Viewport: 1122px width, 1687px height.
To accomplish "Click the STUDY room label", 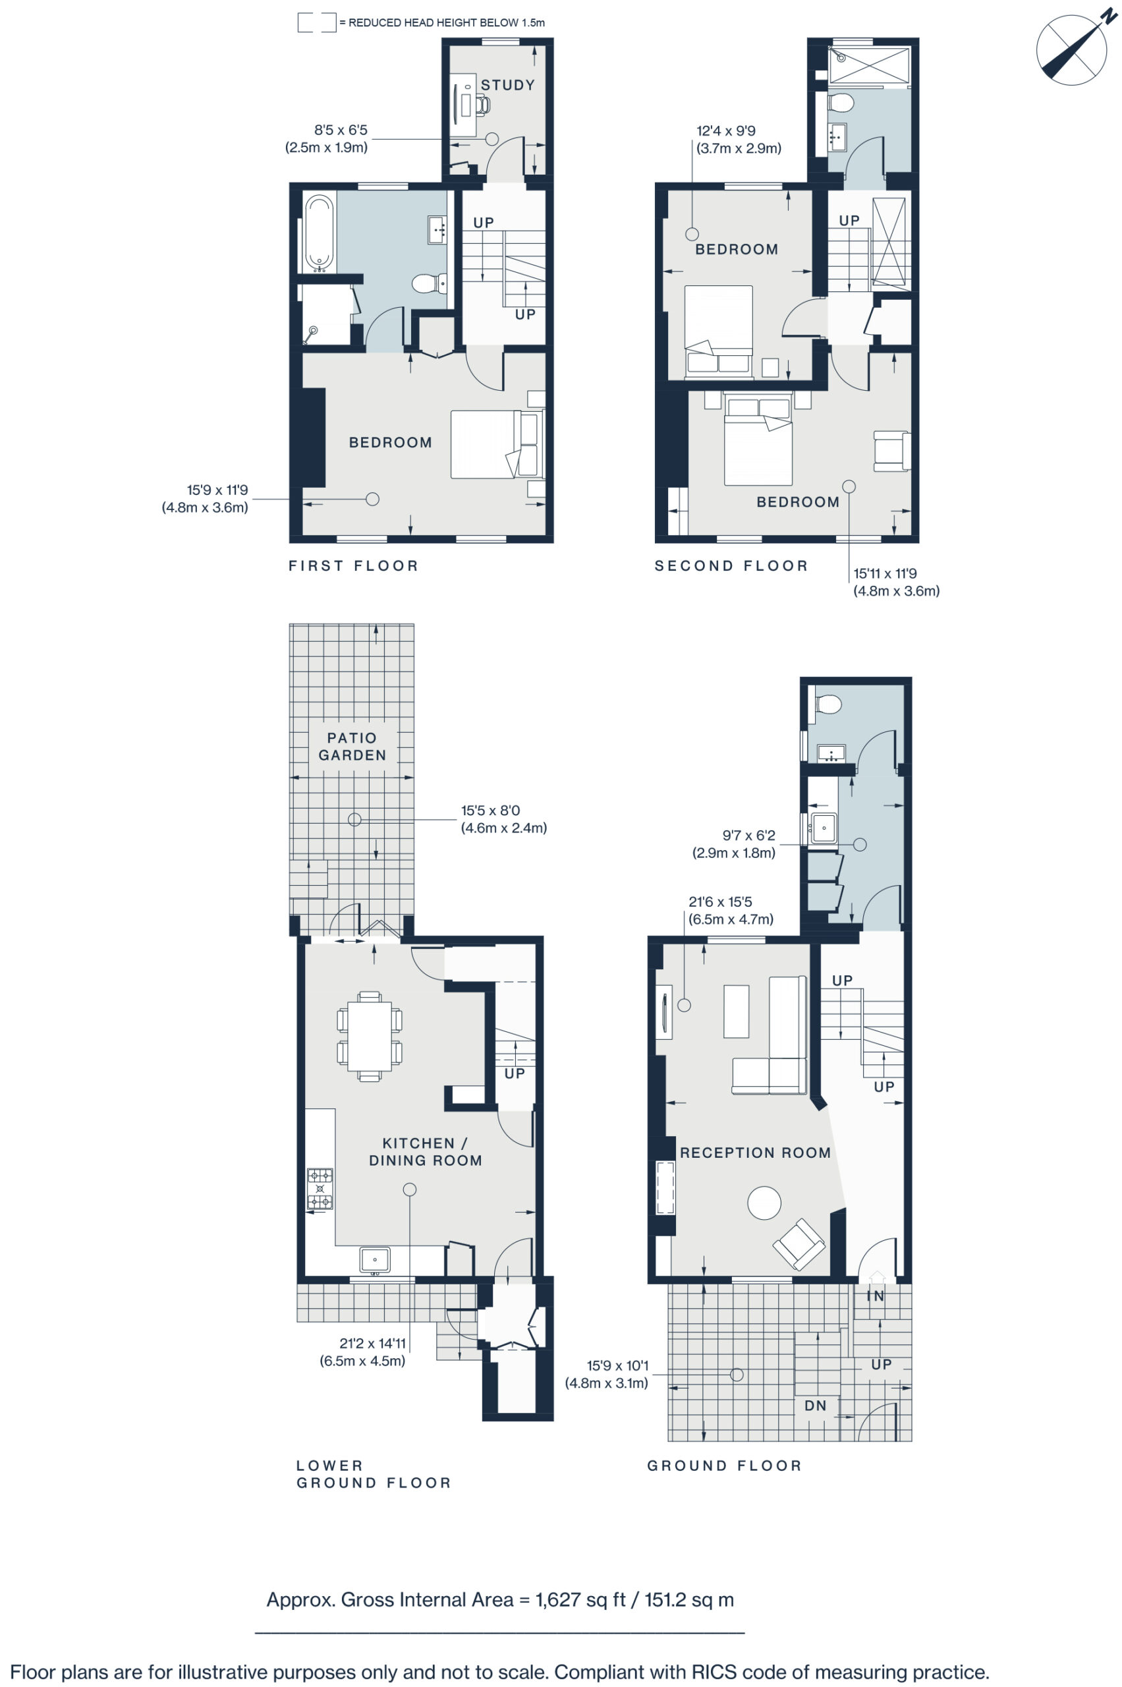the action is coord(507,85).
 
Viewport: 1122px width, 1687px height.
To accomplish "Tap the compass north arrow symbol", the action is coord(1071,50).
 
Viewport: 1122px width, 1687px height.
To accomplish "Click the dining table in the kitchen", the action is coord(369,1035).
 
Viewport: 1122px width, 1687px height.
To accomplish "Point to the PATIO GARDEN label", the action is coord(352,746).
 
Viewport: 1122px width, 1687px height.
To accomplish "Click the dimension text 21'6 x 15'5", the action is coord(720,902).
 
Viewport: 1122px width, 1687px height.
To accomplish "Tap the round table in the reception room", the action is coord(764,1203).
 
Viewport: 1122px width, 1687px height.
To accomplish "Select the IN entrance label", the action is coord(875,1296).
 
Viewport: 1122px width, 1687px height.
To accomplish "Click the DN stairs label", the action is coord(815,1406).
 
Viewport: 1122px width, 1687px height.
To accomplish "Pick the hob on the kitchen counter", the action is coord(320,1188).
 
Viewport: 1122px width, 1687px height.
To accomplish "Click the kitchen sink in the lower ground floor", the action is coord(375,1259).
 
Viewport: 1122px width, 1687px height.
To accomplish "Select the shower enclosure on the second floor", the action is coord(870,67).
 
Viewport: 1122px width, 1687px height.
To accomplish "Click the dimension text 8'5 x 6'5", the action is coord(341,130).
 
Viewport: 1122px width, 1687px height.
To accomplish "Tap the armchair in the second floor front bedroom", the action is coord(891,451).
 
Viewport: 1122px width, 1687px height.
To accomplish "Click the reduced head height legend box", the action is coord(317,23).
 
